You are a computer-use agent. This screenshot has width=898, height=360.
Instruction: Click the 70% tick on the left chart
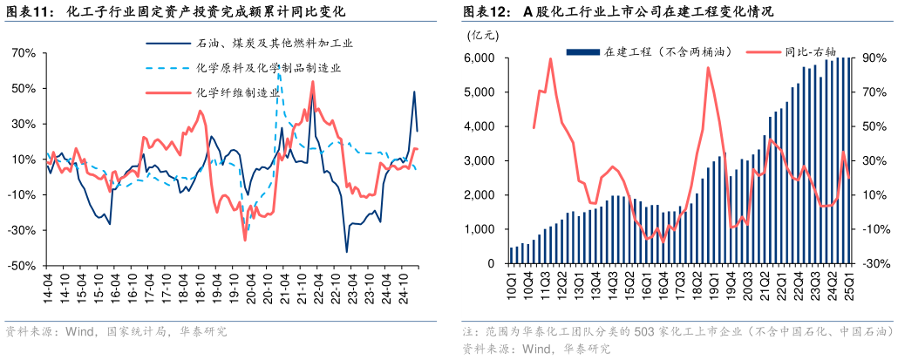click(x=24, y=53)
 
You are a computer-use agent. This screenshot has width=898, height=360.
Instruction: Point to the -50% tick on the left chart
click(x=24, y=265)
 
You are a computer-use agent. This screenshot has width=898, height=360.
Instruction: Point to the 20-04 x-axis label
click(x=253, y=288)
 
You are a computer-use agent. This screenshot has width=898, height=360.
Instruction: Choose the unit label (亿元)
click(x=483, y=36)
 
